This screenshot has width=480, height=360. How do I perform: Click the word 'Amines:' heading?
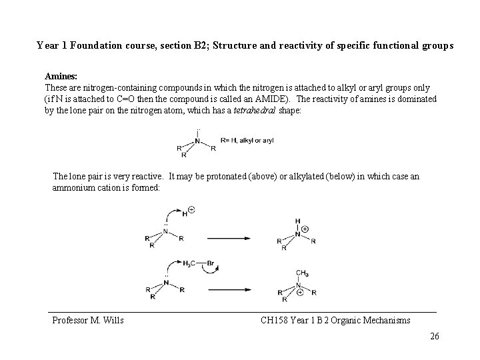(x=61, y=77)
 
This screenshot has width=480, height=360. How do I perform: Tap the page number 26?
(x=435, y=336)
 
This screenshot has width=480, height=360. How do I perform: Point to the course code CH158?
(x=274, y=321)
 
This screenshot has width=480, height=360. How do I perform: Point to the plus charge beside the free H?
(x=192, y=210)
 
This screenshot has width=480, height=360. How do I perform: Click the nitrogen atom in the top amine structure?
(x=197, y=141)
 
